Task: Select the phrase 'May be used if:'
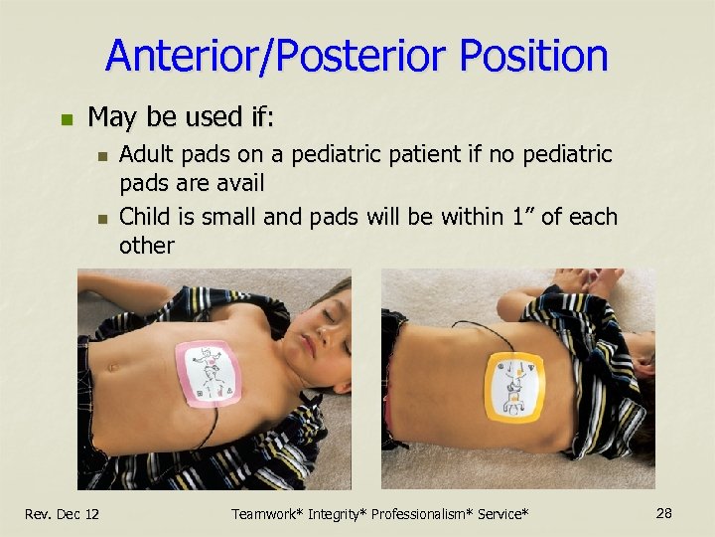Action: point(180,117)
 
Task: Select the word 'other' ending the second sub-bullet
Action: point(146,246)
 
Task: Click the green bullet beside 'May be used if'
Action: point(68,118)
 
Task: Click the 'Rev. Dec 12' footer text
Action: point(62,513)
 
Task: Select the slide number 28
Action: point(664,512)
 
